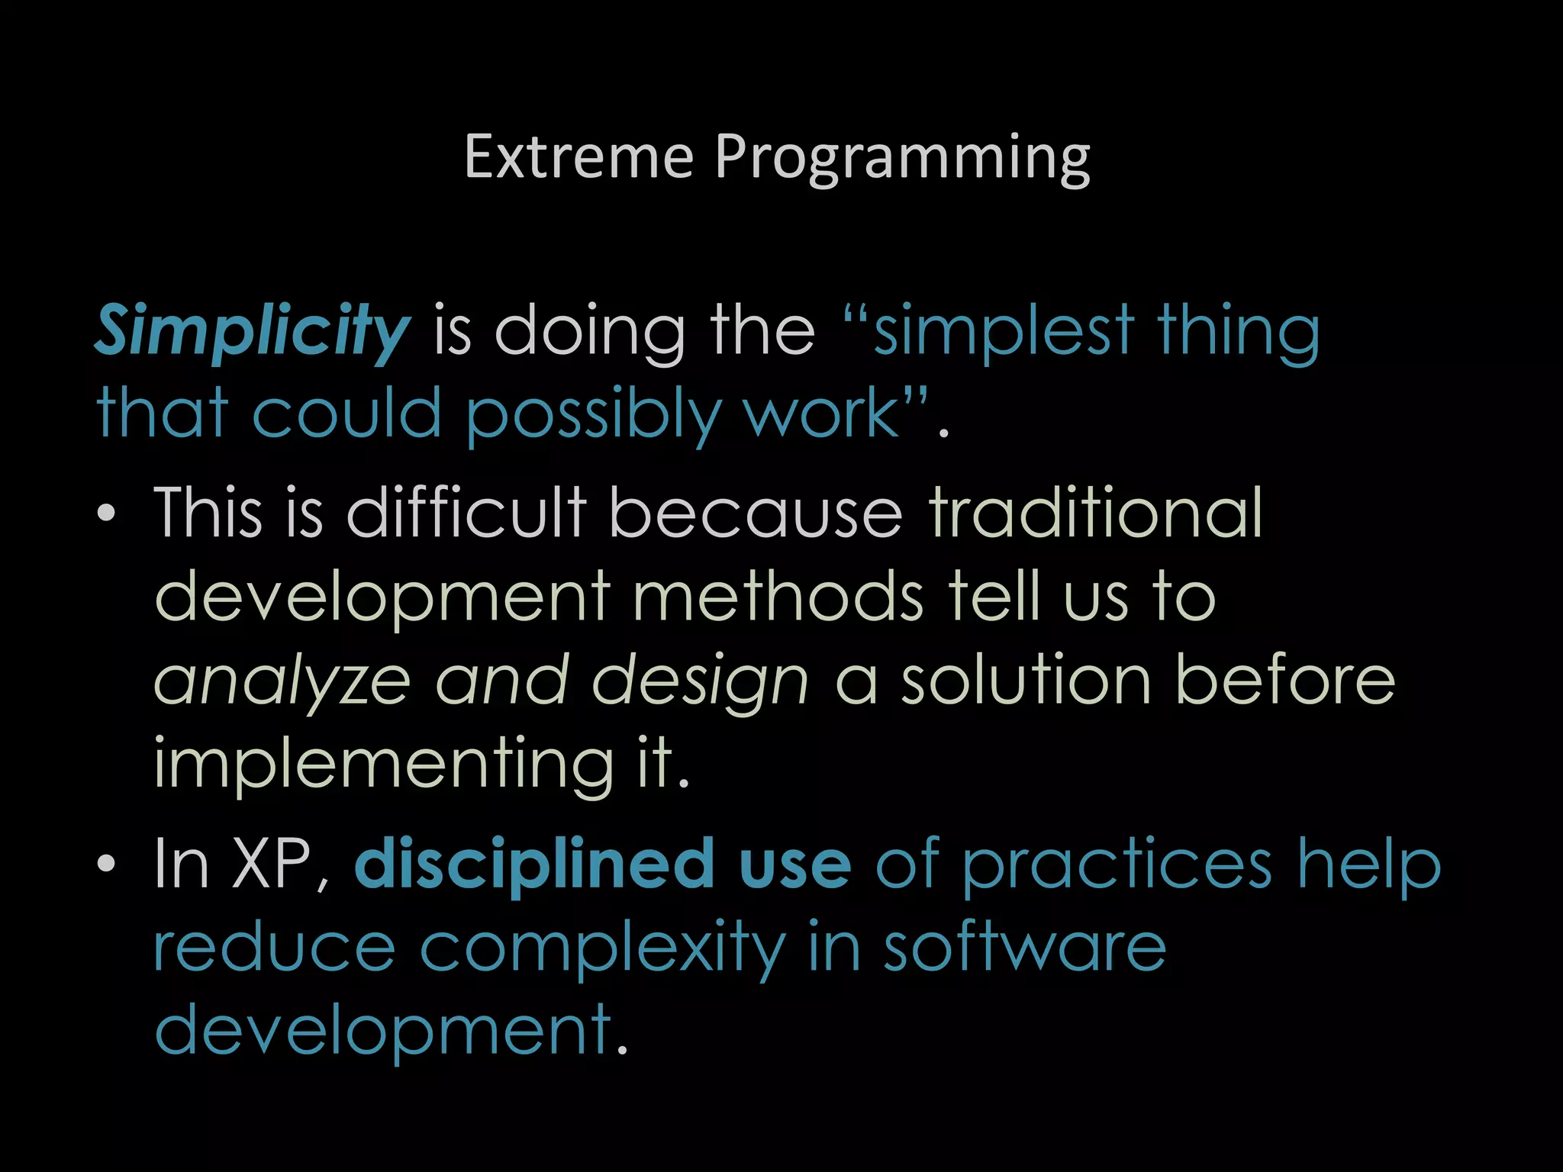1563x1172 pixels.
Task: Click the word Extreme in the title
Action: [578, 157]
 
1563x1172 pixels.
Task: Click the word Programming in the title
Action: [902, 157]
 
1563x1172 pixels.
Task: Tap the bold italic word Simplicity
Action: [253, 331]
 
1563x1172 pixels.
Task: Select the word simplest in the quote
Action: [1003, 331]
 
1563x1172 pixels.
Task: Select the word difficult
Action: [466, 513]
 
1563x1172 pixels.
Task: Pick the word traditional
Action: [1096, 513]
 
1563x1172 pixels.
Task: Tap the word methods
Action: [778, 597]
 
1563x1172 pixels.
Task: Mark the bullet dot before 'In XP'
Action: [107, 864]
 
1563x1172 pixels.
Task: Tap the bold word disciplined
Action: [534, 864]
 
